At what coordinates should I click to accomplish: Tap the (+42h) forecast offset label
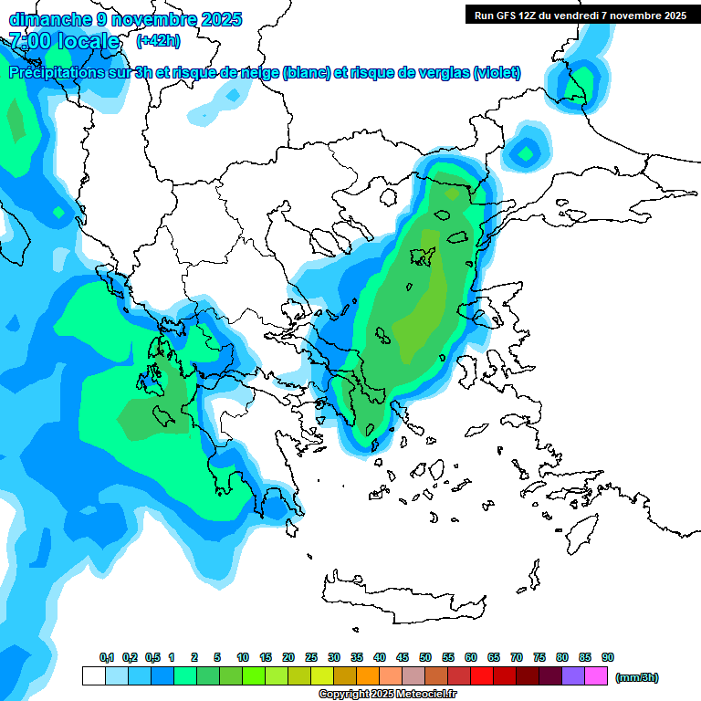tap(158, 41)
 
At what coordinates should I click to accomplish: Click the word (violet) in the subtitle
tap(497, 73)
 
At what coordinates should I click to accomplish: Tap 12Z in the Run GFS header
tap(527, 15)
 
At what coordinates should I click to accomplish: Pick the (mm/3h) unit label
tap(636, 677)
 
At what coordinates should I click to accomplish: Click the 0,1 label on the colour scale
tap(106, 658)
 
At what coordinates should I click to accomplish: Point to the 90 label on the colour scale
tap(608, 658)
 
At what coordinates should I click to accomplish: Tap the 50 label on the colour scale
tap(425, 658)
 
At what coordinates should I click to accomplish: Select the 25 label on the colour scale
tap(311, 658)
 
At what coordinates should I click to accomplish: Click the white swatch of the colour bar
tap(93, 676)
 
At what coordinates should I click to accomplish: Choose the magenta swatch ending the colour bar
tap(597, 676)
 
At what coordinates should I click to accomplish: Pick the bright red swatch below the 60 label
tap(483, 676)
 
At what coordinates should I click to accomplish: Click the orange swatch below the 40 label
tap(368, 676)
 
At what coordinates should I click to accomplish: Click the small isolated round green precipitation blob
tap(526, 152)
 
